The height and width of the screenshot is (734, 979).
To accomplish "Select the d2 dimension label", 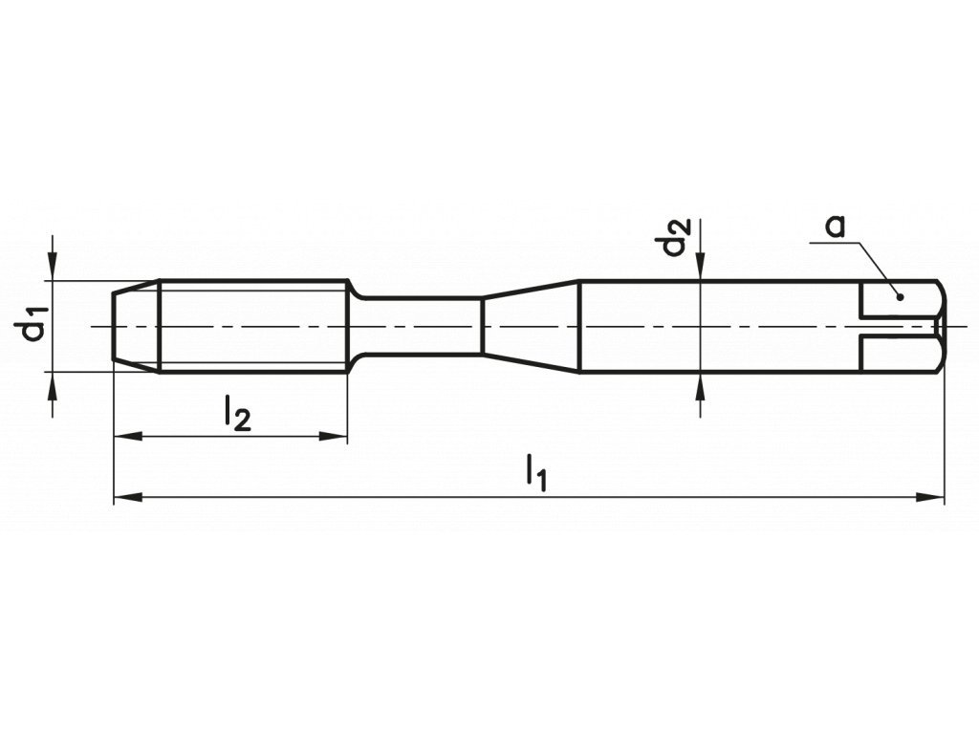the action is pos(675,238).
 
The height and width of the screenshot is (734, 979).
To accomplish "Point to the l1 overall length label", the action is pos(536,473).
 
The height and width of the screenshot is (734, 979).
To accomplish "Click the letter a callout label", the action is pos(836,226).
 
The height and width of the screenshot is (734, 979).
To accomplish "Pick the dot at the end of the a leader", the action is pos(900,296).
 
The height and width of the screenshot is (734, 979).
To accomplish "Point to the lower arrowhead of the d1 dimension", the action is pos(54,384).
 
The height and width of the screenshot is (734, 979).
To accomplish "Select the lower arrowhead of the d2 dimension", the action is pos(702,384).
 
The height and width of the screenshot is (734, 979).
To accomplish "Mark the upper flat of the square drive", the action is pos(899,299).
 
